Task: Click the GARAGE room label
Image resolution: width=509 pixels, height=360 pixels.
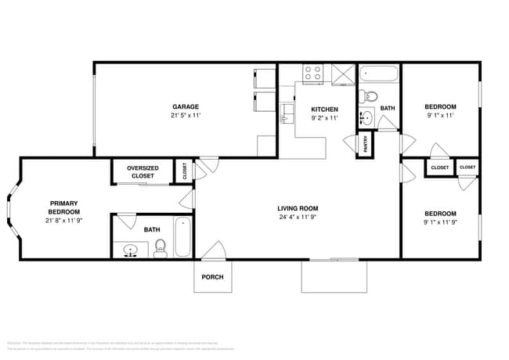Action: (186, 106)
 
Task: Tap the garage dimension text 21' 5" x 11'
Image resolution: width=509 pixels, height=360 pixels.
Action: (186, 116)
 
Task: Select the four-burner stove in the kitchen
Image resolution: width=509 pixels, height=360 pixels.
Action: (313, 74)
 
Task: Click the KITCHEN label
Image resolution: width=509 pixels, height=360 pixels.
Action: (324, 109)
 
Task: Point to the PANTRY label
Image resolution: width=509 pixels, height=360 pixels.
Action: (365, 145)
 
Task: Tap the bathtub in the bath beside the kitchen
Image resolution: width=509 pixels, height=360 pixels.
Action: (379, 76)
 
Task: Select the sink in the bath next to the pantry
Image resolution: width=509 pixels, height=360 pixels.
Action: (366, 119)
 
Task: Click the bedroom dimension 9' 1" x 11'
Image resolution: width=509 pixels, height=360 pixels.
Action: (439, 116)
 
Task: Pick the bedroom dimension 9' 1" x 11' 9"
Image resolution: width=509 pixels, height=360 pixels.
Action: (439, 222)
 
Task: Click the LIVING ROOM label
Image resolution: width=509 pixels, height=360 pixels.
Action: (298, 208)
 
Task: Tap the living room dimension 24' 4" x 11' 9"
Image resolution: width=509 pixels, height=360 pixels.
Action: (298, 218)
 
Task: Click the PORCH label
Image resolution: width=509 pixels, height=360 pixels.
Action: (212, 277)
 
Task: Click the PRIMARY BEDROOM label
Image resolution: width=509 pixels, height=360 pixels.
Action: (63, 207)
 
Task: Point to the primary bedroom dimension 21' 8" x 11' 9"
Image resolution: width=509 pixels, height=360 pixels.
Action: (63, 221)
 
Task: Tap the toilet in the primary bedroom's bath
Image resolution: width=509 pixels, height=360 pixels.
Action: (161, 248)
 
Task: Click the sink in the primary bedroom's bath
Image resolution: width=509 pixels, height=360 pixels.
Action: (130, 250)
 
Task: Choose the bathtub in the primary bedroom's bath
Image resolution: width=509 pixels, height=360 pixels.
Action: (182, 236)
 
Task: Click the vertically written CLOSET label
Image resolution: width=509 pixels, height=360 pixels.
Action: (185, 171)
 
